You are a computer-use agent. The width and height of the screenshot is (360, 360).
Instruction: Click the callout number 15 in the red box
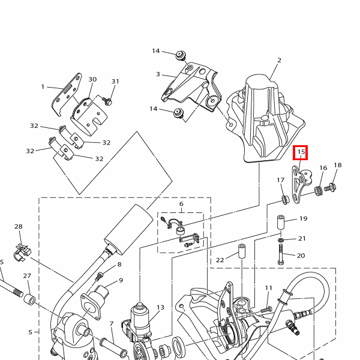point(301,152)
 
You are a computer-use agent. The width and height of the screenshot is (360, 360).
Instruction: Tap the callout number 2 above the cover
point(279,60)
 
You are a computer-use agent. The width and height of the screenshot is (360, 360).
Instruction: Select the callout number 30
point(92,79)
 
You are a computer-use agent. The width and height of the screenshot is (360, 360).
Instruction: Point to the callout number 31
point(115,82)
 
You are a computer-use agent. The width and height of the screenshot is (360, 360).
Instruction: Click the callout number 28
point(19,226)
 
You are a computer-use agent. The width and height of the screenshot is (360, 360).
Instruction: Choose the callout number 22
point(220,260)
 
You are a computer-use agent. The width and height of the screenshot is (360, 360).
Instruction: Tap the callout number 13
point(160,307)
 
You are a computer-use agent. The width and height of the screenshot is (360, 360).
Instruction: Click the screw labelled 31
point(107,101)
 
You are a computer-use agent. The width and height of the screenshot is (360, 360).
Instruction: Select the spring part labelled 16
point(318,191)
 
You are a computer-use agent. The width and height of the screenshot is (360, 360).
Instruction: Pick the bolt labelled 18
point(331,187)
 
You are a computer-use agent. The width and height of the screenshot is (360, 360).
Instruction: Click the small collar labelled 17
point(286,199)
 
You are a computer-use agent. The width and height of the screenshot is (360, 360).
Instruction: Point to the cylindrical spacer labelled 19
point(281,222)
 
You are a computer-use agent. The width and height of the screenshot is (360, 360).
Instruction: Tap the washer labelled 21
point(281,240)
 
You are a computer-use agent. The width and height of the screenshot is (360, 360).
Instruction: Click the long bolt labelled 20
point(281,254)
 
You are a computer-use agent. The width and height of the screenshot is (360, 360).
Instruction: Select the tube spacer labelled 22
point(242,251)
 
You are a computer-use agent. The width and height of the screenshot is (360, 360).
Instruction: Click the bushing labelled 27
point(29,299)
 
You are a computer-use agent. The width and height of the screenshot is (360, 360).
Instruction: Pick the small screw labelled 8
point(100,276)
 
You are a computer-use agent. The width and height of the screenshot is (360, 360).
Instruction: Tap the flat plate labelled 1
point(67,95)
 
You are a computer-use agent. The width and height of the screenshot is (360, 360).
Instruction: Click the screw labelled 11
point(266,310)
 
